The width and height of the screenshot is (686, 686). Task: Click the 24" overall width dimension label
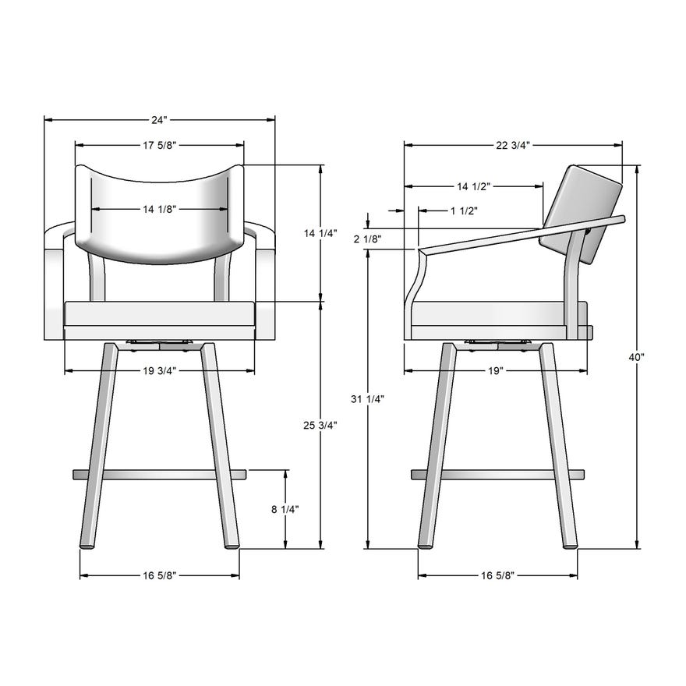[160, 120]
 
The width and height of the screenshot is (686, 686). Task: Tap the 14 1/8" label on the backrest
[159, 209]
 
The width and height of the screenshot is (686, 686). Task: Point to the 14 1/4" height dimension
[320, 233]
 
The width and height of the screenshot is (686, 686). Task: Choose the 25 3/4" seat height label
[320, 425]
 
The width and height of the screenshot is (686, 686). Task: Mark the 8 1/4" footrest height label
[285, 509]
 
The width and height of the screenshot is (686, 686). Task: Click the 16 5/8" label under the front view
[160, 575]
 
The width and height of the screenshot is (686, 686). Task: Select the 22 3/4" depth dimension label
[513, 145]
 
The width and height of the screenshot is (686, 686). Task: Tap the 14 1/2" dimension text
[473, 186]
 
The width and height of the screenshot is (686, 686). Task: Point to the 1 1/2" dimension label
[464, 210]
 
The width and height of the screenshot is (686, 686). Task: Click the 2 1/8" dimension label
[367, 239]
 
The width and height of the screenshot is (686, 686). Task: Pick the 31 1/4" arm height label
[367, 399]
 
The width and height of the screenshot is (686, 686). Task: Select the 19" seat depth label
[496, 370]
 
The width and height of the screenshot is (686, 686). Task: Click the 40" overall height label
[637, 356]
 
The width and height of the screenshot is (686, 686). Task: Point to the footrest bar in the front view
[160, 473]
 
